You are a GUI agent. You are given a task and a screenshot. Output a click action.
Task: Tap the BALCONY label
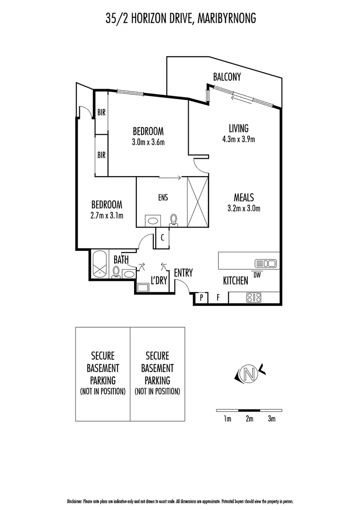point(227,76)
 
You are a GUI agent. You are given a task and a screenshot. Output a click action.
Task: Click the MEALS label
point(245,197)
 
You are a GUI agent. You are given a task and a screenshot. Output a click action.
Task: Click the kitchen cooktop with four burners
point(254,297)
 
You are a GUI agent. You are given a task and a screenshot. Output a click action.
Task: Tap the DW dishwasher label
point(257,275)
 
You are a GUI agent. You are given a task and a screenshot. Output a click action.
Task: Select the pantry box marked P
point(201,297)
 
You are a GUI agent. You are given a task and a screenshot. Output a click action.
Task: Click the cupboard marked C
point(162,238)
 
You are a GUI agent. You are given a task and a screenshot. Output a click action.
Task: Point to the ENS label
point(163,198)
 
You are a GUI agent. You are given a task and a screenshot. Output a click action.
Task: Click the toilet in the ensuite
point(174,219)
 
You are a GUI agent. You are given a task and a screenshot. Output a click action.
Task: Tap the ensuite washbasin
point(152,220)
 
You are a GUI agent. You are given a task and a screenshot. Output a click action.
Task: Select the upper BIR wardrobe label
point(101,112)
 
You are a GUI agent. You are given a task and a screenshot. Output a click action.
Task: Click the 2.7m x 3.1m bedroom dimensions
point(107,216)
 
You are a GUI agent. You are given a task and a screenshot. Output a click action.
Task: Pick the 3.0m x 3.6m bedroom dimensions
point(148,142)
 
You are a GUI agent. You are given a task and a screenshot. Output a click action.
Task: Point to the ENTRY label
point(183,272)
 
